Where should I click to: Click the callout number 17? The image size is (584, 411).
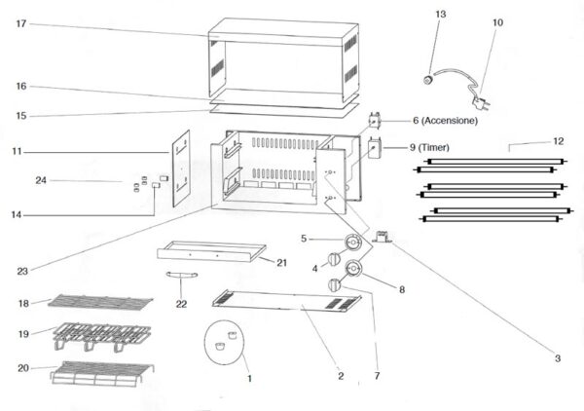click(x=21, y=23)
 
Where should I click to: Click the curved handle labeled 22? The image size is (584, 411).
click(x=181, y=275)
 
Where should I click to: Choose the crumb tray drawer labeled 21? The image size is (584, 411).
click(x=211, y=251)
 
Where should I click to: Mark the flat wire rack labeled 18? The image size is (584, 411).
click(x=100, y=302)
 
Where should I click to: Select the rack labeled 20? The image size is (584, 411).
click(x=102, y=373)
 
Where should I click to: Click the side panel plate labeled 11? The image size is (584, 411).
click(x=181, y=168)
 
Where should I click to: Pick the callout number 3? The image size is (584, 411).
click(x=558, y=358)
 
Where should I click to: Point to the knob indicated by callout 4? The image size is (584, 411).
click(x=334, y=258)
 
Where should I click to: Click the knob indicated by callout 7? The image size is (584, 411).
click(x=335, y=285)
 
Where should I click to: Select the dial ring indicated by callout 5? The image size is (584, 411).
click(x=352, y=243)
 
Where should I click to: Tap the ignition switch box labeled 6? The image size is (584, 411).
click(x=375, y=121)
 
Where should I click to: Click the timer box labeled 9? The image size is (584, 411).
click(x=375, y=148)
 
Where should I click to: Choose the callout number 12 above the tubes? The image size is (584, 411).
click(x=559, y=141)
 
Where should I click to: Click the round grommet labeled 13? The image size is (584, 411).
click(x=429, y=79)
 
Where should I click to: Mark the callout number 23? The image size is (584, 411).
click(x=22, y=272)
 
